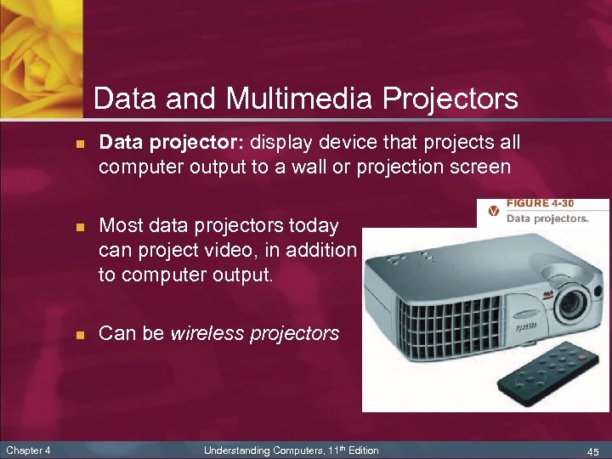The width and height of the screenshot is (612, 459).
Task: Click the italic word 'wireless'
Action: point(208,333)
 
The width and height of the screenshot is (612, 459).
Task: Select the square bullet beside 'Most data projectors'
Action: point(79,227)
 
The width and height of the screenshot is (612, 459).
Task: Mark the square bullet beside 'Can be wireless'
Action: point(79,334)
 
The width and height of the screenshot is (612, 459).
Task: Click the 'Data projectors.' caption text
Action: point(547,218)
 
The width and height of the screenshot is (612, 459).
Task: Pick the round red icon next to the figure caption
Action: point(492,211)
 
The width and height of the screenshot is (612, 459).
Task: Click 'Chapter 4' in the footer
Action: point(27,450)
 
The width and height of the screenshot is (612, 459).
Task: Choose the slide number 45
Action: point(592,450)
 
